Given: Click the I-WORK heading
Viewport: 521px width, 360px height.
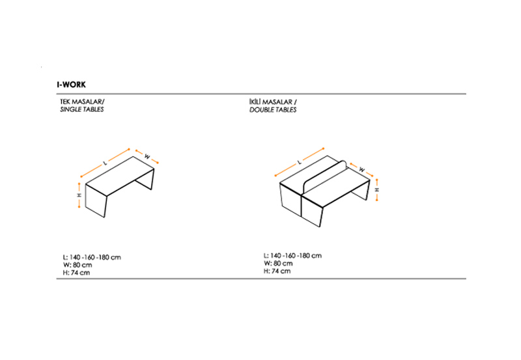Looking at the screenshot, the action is tap(71, 85).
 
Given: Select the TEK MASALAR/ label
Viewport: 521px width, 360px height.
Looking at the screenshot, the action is tap(82, 102).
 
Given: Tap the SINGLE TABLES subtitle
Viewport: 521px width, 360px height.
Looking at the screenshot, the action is tap(82, 109).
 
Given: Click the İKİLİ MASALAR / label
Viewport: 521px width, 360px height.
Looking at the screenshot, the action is tap(273, 102).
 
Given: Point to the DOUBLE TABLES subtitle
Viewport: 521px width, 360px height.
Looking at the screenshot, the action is tap(273, 110).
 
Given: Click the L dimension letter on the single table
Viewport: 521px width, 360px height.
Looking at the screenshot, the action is tap(106, 163).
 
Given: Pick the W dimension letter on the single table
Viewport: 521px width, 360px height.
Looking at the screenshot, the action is tap(147, 157).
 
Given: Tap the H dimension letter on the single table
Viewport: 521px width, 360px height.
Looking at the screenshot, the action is tap(79, 195).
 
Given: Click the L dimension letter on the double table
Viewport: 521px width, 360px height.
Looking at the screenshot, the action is tap(300, 162).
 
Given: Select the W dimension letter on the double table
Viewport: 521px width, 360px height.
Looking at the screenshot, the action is tap(362, 170).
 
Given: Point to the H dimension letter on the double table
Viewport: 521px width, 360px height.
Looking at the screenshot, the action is tap(377, 189).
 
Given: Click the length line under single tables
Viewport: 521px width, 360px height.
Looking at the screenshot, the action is tap(92, 257).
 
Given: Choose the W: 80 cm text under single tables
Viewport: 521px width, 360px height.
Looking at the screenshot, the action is tap(77, 265).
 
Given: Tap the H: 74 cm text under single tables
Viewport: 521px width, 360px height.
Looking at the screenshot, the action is tap(76, 273).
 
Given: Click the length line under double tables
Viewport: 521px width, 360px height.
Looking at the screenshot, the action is tap(292, 256).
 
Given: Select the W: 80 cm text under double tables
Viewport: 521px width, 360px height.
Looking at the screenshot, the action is tap(279, 264).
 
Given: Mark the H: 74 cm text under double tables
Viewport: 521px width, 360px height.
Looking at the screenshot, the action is tap(277, 271).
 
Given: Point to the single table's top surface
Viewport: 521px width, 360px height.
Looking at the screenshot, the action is tap(120, 176).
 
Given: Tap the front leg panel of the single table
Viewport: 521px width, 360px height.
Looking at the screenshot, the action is tap(96, 201).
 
